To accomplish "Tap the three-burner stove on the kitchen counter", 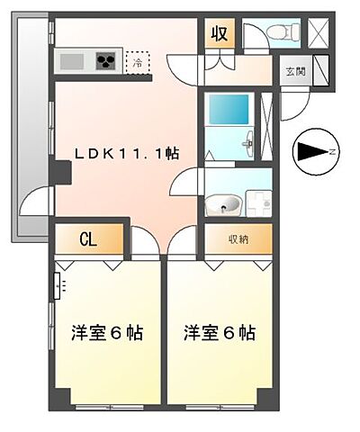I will pos(106,62).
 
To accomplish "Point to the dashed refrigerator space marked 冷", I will pos(138,62).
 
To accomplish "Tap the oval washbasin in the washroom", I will pos(223,206).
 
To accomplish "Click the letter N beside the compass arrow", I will pos(333,152).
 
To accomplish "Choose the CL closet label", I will pos(88,239).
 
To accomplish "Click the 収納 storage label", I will pos(238,238).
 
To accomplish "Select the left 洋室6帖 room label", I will pos(106,332).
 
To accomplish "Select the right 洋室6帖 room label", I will pos(220,332).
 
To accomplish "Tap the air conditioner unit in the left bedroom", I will pos(60,286).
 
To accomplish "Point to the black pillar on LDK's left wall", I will pos(60,169).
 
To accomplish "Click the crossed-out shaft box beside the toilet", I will pos(319,31).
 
